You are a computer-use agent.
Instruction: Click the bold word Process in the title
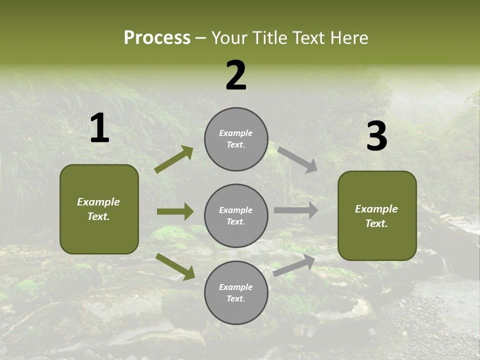pos(157,37)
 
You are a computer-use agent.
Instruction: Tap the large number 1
pos(99,128)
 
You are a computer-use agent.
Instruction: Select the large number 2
pos(236,75)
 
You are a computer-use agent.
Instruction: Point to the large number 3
pos(376,136)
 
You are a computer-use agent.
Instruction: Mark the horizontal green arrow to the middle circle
pos(175,211)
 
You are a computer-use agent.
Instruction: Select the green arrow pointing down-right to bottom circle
pos(175,266)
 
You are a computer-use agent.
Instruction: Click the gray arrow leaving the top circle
pos(297,159)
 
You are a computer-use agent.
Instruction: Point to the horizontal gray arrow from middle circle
pos(295,210)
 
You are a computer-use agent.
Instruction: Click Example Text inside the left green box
pos(98,209)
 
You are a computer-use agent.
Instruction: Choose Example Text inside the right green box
pos(376,216)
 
